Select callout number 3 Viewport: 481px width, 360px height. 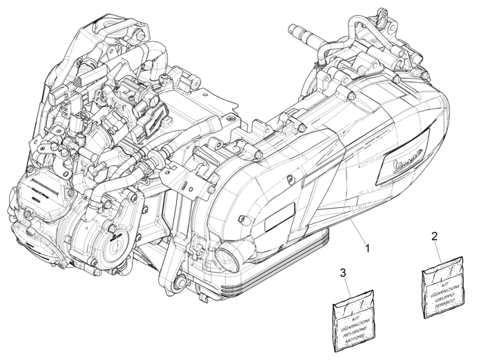tap(343, 273)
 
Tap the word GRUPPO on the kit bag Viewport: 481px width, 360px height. tap(445, 293)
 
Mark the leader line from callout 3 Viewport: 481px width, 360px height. tap(348, 286)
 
